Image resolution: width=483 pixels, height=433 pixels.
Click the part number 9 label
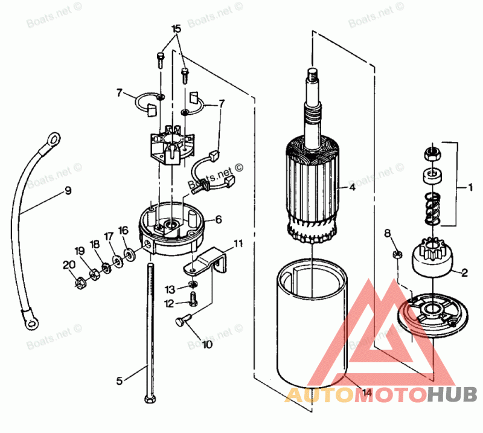[68, 191]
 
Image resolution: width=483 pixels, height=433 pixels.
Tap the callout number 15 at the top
[176, 29]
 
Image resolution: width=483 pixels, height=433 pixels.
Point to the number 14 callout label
[366, 393]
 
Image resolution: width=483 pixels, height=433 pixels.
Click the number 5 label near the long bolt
[120, 380]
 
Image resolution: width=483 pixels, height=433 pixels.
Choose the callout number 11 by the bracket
[238, 244]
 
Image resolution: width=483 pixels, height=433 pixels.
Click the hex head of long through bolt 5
[149, 399]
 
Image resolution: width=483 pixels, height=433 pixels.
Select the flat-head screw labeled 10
[183, 322]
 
